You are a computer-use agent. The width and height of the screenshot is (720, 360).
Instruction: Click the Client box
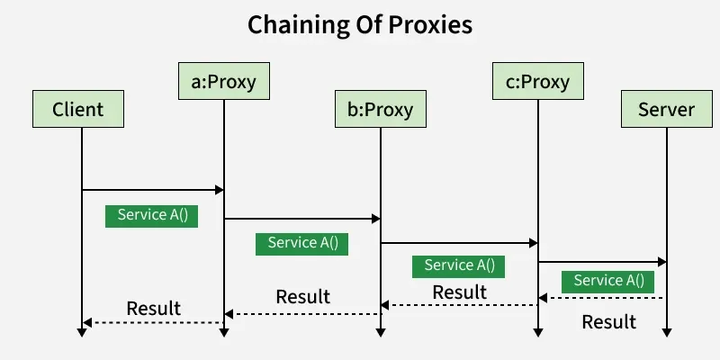point(78,110)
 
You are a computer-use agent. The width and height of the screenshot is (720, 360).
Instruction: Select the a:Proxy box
point(224,83)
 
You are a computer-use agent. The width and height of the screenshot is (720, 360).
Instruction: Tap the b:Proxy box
point(380,110)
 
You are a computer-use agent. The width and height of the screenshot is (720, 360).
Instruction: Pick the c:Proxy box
point(537,83)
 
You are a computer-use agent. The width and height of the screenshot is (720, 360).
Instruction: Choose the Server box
point(666,110)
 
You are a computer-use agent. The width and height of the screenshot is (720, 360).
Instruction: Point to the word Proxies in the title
point(432,25)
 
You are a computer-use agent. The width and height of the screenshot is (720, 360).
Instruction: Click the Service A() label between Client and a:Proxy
point(151,216)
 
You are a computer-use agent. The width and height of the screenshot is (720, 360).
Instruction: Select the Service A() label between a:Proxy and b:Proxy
point(302,243)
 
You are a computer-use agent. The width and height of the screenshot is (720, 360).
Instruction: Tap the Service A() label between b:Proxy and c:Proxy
point(459,265)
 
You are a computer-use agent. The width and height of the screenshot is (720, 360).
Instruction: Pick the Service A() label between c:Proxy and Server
point(608,281)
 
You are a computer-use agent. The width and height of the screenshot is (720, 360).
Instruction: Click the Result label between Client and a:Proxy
point(153,308)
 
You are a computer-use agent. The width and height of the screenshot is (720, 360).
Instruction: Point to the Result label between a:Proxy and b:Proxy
point(302,296)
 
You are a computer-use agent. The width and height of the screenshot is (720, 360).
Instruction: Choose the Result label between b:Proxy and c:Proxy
point(459,292)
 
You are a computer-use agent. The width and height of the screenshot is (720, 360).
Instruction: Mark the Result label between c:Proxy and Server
point(608,321)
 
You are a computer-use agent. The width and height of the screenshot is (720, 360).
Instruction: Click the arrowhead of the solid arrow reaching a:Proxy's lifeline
point(218,190)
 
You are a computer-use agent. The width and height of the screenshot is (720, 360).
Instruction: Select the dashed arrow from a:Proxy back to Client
point(153,322)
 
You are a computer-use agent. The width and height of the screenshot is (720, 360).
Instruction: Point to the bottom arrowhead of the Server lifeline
point(667,332)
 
